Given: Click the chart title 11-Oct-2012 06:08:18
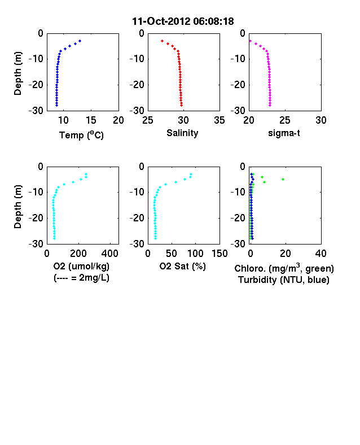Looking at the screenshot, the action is [x=183, y=21].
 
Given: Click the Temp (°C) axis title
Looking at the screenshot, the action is [x=81, y=135].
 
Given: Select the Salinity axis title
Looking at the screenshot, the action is [x=182, y=133].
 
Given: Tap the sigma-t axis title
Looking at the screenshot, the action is [x=284, y=133].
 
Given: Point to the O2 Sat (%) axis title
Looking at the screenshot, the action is [x=183, y=266].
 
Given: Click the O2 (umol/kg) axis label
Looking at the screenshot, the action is [x=81, y=266].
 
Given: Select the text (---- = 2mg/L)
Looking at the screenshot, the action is [x=81, y=277].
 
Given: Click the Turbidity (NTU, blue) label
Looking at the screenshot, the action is [x=284, y=280].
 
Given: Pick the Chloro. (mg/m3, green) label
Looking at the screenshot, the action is [x=284, y=268].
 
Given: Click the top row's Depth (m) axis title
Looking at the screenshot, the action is [x=17, y=73].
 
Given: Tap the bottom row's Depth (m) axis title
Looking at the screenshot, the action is [x=17, y=207].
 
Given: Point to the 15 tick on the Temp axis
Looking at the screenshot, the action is [x=91, y=120].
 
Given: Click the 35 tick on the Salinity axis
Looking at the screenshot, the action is [x=219, y=120].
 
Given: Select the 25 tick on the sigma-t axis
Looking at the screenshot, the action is [x=284, y=120].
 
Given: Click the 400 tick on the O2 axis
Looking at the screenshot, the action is [x=110, y=254].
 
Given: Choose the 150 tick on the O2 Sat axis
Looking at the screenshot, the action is [x=219, y=254].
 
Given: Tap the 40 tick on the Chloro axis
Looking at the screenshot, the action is [x=321, y=254].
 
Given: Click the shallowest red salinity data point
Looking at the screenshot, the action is [x=162, y=41].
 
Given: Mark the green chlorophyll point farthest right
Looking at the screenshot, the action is [x=283, y=180].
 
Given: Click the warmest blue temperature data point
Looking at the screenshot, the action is [x=80, y=41].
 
